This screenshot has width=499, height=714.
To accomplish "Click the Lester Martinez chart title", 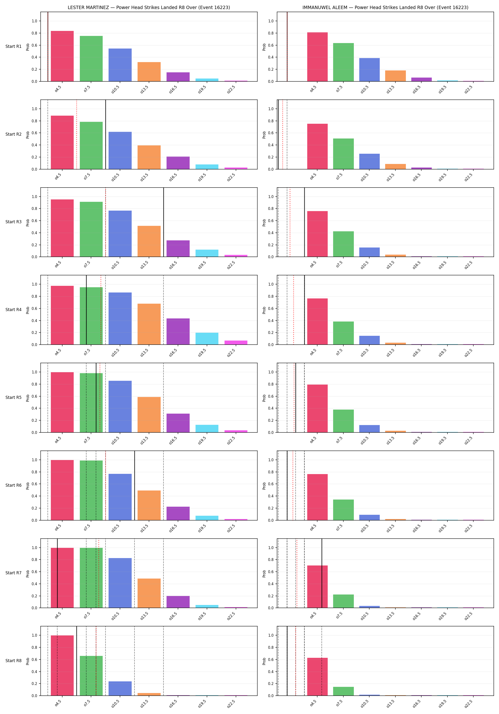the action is pos(149,7).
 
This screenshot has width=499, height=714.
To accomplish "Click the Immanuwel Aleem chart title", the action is pos(385,7).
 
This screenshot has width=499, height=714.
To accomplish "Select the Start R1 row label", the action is pos(13,46).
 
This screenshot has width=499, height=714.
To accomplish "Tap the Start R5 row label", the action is pos(13,397).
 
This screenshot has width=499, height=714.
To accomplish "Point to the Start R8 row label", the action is pos(13,660).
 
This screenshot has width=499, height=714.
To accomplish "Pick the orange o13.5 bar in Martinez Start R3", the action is pos(149,241).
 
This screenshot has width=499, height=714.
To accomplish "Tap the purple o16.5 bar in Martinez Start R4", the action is pos(178,332).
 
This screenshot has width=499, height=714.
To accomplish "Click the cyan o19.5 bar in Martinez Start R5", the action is pos(207,429).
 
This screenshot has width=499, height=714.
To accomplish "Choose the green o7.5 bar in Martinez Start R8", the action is pos(91,676).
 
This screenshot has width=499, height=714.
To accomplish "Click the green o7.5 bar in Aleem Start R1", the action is pos(343,62).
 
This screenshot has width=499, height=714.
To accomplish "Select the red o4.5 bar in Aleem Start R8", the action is pos(317,677).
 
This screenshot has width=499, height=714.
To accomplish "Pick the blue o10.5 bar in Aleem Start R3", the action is pos(369,252).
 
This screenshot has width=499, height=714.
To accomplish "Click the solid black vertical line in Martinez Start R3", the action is pos(164,222).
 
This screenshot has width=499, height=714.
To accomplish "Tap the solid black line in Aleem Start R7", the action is pos(322,573).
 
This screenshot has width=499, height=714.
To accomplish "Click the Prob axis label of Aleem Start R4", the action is pos(264,310).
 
